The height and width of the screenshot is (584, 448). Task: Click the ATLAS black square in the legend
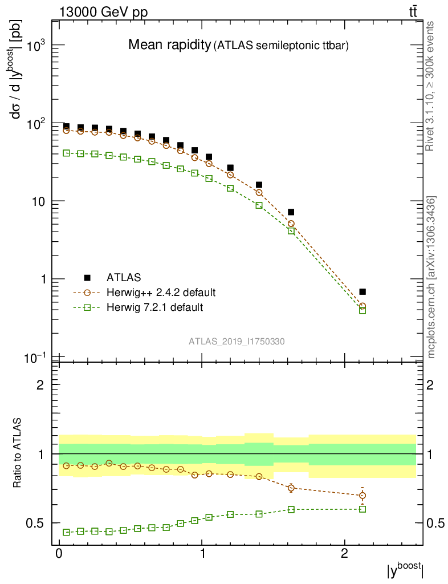point(87,278)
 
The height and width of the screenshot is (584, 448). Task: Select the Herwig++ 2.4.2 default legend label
point(161,293)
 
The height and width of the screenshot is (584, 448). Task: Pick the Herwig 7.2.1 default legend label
point(155,308)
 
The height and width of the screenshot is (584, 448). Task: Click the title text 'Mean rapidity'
point(169,45)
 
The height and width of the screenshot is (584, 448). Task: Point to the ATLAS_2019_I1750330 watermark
point(237,342)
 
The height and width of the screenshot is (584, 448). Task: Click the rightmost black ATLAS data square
point(363,291)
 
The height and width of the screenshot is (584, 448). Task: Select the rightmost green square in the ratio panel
point(363,509)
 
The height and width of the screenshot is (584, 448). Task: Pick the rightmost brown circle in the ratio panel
point(363,496)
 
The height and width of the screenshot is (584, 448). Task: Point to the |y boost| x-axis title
point(406,570)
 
